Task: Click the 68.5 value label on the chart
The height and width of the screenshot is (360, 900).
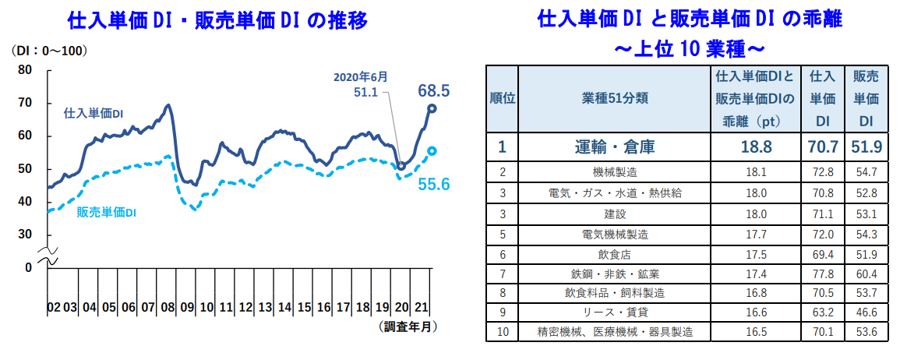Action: [434, 90]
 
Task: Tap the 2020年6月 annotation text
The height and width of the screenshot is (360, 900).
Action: [360, 77]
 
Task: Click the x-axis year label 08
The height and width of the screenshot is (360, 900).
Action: [167, 307]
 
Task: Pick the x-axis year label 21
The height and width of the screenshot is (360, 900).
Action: [420, 307]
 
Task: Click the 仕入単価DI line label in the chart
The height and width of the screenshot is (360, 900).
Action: [93, 113]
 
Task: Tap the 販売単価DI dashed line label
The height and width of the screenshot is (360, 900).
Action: [108, 212]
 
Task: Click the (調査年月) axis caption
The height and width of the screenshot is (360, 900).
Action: [409, 326]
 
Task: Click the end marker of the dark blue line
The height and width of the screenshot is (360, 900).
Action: [432, 108]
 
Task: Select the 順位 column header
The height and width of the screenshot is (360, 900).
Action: [502, 99]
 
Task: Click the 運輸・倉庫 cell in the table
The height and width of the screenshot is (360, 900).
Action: [615, 146]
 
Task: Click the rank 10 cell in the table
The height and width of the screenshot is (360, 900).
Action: [502, 331]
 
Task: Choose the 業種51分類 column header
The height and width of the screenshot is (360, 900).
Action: [615, 99]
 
